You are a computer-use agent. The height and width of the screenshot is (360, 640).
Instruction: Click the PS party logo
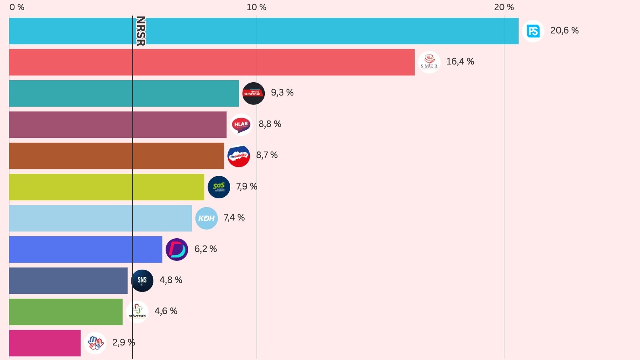tap(533, 31)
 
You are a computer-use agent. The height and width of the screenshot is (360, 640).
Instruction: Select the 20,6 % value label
tap(564, 31)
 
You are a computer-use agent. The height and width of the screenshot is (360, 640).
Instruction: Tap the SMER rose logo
tap(429, 62)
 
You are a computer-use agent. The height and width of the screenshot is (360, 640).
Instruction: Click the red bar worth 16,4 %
tap(212, 62)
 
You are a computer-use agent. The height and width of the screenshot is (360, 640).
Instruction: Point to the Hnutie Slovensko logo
tap(253, 94)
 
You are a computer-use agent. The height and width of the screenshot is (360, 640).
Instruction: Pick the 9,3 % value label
tap(282, 93)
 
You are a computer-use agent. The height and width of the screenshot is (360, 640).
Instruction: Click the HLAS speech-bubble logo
tap(241, 125)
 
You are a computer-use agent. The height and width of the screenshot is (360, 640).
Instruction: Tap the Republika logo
tap(239, 156)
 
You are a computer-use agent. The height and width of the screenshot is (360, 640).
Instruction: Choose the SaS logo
tap(219, 187)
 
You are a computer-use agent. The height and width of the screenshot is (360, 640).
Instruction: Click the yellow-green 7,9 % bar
tap(106, 187)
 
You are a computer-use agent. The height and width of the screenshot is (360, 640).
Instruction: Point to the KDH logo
tap(206, 218)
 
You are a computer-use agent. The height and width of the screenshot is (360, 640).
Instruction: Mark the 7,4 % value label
tap(234, 218)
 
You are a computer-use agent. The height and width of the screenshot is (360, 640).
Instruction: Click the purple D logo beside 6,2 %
tap(177, 250)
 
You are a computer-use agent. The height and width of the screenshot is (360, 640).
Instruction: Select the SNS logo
tap(142, 281)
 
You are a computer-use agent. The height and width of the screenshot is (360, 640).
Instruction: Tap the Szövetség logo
tap(137, 312)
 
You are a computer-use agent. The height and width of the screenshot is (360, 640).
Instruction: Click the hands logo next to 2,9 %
tap(96, 343)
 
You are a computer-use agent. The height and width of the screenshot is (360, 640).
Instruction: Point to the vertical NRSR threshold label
tap(140, 31)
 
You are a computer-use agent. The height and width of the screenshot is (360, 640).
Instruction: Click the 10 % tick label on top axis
tap(256, 7)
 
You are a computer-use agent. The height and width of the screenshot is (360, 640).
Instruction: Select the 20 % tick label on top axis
tap(504, 7)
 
